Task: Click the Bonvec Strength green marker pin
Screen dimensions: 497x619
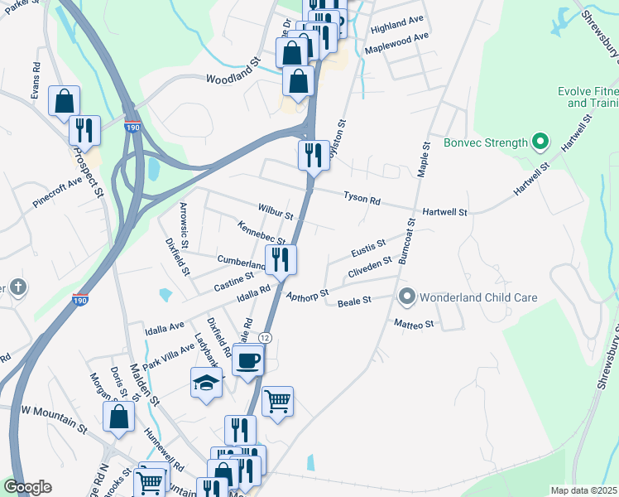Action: click(540, 142)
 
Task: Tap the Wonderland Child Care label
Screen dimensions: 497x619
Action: click(479, 297)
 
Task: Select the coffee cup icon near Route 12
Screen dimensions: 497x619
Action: click(247, 361)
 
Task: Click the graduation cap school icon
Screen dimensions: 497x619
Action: click(206, 382)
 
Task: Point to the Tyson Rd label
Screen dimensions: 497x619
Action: click(362, 199)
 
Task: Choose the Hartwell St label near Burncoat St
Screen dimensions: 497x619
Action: click(445, 212)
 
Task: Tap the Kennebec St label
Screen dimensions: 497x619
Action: click(261, 233)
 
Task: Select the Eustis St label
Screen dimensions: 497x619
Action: click(368, 247)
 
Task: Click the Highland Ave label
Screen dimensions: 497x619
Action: click(397, 27)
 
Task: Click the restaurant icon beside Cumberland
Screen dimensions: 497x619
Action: click(281, 258)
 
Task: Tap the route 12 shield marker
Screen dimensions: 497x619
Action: click(264, 337)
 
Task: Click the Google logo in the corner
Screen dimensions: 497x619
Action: click(27, 487)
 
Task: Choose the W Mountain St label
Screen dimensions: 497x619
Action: click(54, 411)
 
